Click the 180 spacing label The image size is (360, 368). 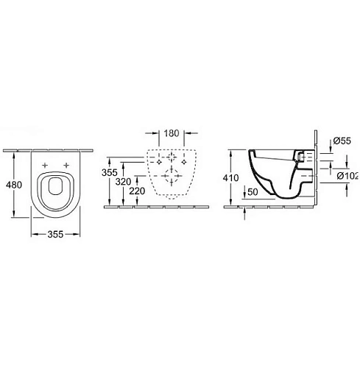(x=171, y=135)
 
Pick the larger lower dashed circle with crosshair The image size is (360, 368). (x=171, y=177)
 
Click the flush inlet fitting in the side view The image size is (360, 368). (x=301, y=157)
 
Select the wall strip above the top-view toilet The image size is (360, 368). (x=53, y=149)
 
